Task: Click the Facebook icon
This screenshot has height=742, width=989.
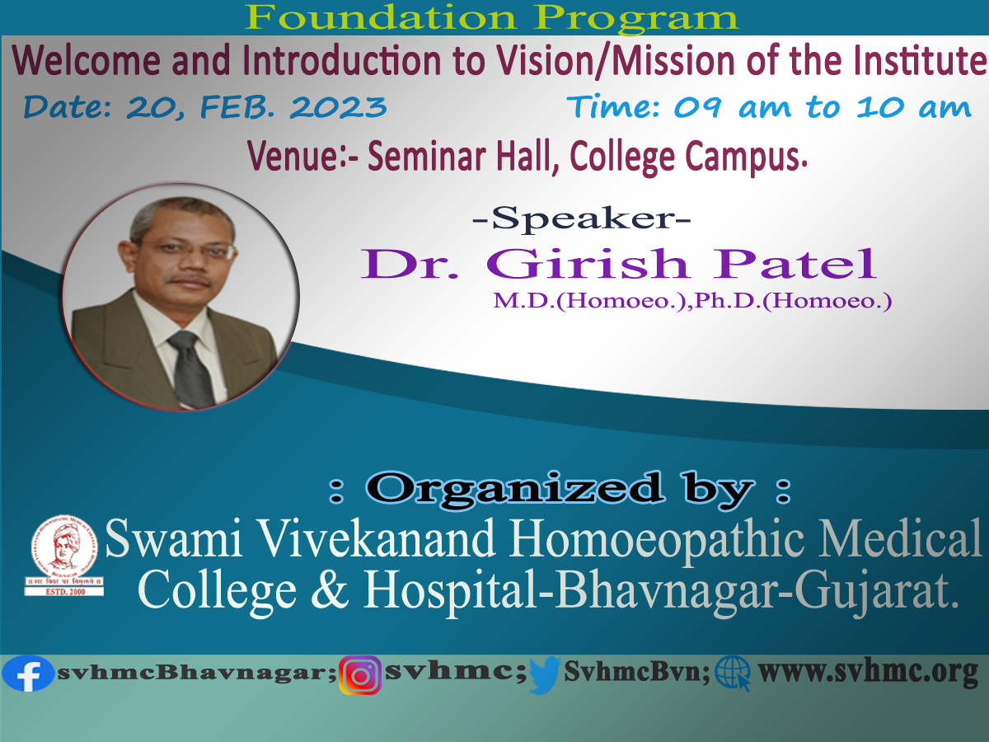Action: point(27,674)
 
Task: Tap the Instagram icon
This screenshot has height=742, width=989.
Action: point(360,675)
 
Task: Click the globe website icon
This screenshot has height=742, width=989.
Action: point(733,673)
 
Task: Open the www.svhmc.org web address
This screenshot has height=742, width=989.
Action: point(868,673)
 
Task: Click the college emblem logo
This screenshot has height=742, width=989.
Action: point(64,555)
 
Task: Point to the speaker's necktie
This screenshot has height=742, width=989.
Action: point(192,369)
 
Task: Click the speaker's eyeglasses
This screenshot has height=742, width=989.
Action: point(190,251)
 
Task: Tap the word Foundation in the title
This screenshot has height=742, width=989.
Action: point(381,17)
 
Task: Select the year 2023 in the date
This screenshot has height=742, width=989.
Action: point(338,107)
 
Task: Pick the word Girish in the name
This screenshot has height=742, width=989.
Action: point(588,264)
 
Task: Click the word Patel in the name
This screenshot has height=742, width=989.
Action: point(794,264)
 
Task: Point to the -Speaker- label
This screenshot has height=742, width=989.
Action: point(581,218)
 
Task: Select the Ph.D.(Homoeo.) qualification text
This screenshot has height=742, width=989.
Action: point(794,301)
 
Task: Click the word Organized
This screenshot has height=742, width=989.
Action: point(513,489)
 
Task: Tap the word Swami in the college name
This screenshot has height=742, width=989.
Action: point(173,539)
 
